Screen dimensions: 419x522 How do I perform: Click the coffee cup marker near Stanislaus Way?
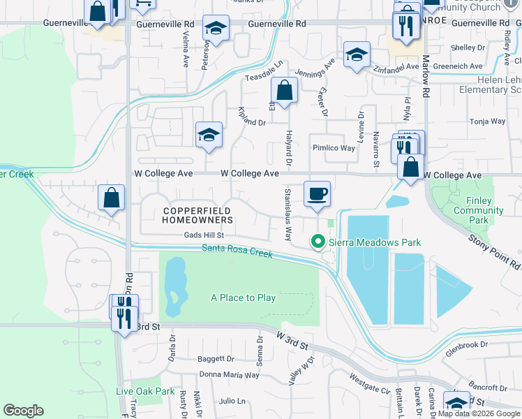tap(317, 193)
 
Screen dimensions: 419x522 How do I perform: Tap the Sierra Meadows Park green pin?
tap(318, 242)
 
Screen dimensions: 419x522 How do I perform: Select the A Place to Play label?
tap(244, 297)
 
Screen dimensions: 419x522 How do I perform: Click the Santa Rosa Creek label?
tap(237, 250)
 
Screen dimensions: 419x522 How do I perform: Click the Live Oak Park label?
tap(145, 391)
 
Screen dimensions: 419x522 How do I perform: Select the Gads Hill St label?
tap(203, 236)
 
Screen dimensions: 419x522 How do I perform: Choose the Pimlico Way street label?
tap(334, 148)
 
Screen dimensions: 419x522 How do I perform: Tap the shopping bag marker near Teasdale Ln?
tap(285, 90)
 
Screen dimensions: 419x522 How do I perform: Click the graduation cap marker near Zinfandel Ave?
tap(357, 56)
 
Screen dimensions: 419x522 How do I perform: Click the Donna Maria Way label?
tap(230, 375)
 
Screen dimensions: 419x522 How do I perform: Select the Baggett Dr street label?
tap(216, 359)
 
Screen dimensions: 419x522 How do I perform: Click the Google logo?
tap(23, 411)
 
